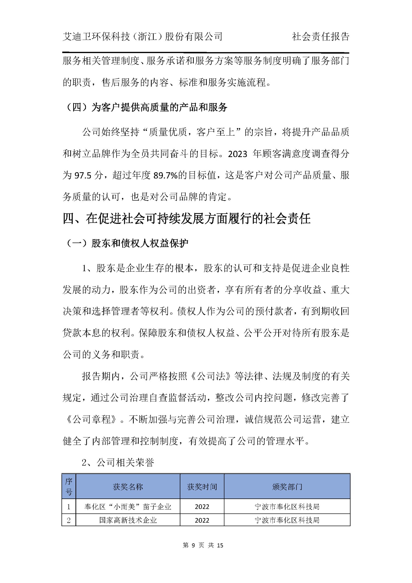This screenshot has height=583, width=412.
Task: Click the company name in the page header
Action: tap(142, 37)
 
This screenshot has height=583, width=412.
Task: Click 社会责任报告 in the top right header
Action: tap(321, 37)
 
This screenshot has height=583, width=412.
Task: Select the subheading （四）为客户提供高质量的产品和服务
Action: tap(145, 107)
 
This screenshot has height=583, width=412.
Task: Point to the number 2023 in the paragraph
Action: tap(237, 154)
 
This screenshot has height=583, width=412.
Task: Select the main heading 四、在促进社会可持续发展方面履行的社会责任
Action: tap(186, 219)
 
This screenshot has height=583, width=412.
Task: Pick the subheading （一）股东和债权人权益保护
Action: tap(126, 243)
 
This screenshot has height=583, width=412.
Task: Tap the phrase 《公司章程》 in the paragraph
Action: tap(92, 419)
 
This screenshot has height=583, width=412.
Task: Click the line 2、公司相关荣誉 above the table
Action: tap(118, 463)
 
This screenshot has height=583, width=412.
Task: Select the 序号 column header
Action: tap(69, 487)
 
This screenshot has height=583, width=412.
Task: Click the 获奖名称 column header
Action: tap(128, 487)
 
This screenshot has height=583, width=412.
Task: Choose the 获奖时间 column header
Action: tap(202, 487)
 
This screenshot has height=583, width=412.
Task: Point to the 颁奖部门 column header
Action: tap(287, 487)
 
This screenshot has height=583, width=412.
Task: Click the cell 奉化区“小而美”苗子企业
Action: tap(128, 507)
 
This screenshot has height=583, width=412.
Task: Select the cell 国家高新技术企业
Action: tap(128, 520)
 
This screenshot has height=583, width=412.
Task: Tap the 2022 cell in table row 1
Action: tap(202, 507)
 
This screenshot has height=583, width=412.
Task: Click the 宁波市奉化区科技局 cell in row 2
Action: tap(287, 520)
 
